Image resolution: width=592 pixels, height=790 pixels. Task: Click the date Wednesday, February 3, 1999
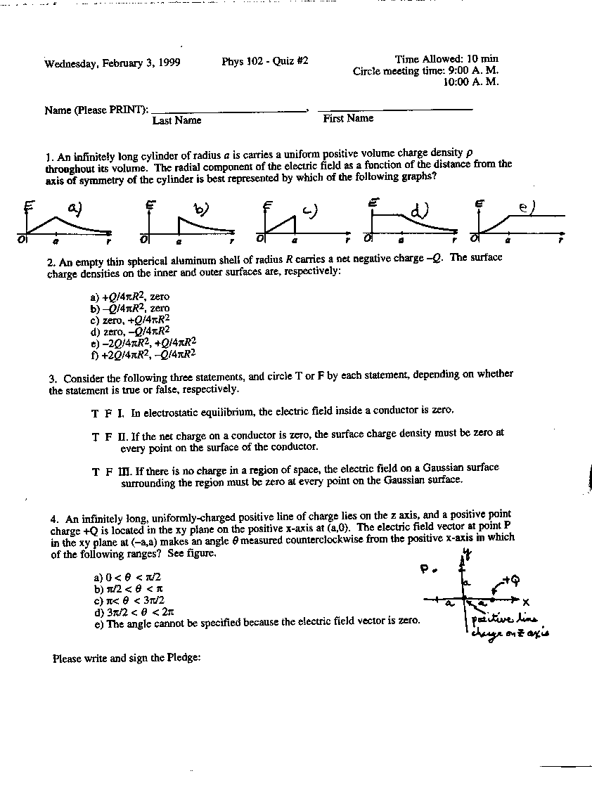[112, 63]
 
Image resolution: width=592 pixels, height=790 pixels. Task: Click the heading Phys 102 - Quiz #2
[264, 61]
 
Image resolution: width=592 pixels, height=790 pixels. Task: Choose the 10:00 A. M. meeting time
[470, 82]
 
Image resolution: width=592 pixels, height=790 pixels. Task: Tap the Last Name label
[176, 120]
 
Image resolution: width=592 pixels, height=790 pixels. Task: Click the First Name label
[348, 118]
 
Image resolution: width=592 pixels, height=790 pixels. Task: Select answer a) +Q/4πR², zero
[130, 297]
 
